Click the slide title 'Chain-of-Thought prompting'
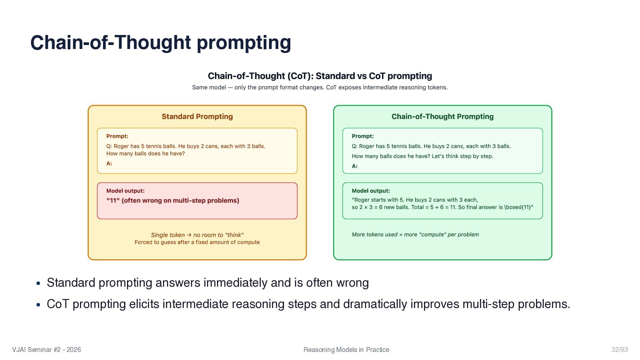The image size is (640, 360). coord(161,42)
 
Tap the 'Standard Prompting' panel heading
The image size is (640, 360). coord(197,117)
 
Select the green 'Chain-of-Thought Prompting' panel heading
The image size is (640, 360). coord(442,117)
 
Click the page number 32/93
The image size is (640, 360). coord(619,350)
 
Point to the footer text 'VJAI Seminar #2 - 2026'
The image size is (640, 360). coord(46,350)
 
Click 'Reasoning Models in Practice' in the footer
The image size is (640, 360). coord(346,350)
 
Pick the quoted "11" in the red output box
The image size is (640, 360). coord(113,201)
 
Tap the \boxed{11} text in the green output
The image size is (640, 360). coord(519,207)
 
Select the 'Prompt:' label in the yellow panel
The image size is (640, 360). coord(117,136)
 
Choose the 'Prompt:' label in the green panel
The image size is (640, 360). coord(363,136)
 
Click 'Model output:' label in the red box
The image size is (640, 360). coord(125,191)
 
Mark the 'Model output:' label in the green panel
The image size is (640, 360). coord(371,191)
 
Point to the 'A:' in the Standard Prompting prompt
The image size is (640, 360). coord(109,164)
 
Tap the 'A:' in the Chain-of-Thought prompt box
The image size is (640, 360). coord(355,166)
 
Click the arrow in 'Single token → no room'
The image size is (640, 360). coord(189,235)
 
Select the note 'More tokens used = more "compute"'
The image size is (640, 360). coord(415,235)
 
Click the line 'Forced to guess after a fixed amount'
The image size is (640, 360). coord(197,242)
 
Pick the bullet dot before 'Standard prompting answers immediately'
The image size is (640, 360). coord(38,283)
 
